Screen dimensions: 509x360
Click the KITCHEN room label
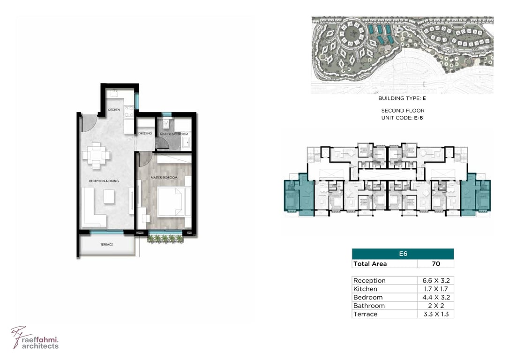click(114, 110)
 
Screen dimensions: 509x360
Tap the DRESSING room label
click(145, 134)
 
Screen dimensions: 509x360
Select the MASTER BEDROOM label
click(164, 178)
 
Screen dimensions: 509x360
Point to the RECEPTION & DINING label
click(104, 181)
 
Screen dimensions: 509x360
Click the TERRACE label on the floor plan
click(107, 244)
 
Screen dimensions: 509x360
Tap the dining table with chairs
click(96, 155)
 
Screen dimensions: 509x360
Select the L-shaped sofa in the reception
click(93, 208)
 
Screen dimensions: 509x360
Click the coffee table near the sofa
click(109, 196)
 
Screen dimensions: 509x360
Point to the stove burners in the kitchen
click(129, 111)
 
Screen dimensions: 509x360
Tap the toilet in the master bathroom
click(166, 123)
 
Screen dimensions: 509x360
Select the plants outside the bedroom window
click(165, 239)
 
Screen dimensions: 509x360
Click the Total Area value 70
click(436, 263)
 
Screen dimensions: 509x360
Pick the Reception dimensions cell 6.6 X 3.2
click(436, 280)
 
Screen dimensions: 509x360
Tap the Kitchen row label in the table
click(365, 289)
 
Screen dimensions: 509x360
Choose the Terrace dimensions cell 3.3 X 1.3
click(436, 314)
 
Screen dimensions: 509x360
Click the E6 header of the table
click(403, 254)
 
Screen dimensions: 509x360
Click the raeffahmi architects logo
click(35, 338)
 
